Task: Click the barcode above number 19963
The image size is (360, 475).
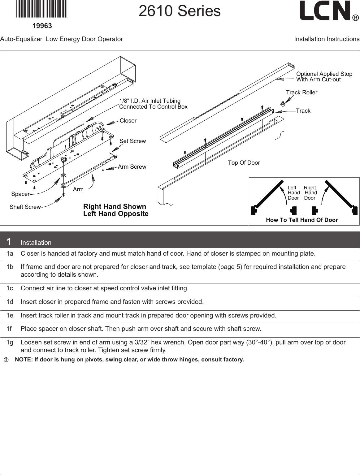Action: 42,9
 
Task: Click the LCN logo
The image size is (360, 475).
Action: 328,11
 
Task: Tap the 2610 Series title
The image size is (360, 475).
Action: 180,11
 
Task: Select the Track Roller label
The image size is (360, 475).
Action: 301,93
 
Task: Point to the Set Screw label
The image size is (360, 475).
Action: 132,141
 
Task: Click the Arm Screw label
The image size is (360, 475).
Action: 132,167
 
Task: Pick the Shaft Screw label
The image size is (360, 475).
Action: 25,207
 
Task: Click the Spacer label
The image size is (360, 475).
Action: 20,194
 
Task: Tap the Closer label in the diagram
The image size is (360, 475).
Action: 128,121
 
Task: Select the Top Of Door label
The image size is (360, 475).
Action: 244,163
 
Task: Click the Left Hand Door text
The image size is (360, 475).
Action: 293,193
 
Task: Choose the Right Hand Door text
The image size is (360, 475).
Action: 310,193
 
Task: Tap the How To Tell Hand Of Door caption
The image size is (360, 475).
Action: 302,220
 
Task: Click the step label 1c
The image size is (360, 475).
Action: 10,288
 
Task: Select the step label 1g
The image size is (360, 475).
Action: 10,343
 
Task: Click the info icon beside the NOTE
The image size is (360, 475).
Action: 6,360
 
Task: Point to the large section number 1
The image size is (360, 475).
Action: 9,241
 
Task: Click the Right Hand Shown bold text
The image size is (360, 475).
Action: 115,207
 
